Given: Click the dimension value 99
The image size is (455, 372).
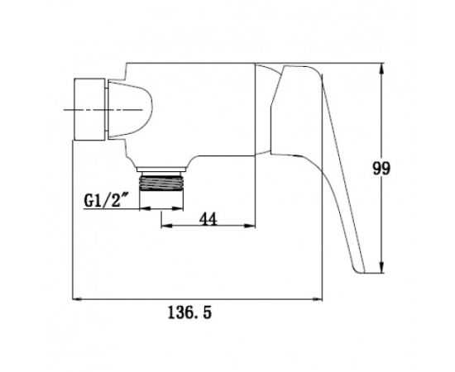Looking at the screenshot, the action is click(381, 169).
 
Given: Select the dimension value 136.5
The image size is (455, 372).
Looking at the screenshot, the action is click(189, 312).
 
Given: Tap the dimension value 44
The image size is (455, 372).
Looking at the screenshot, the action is click(208, 219).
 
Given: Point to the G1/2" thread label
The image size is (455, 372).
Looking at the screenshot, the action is click(106, 200).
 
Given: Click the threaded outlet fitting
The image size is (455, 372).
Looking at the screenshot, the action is click(161, 182).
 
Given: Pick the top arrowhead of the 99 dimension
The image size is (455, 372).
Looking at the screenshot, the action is click(381, 69).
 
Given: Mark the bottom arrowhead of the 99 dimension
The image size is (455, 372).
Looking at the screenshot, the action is click(381, 267).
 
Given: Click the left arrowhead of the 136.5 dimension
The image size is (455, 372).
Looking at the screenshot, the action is click(78, 299).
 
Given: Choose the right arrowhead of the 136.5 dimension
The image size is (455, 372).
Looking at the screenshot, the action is click(317, 299).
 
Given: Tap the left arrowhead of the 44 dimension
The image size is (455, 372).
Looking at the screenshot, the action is click(167, 226).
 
